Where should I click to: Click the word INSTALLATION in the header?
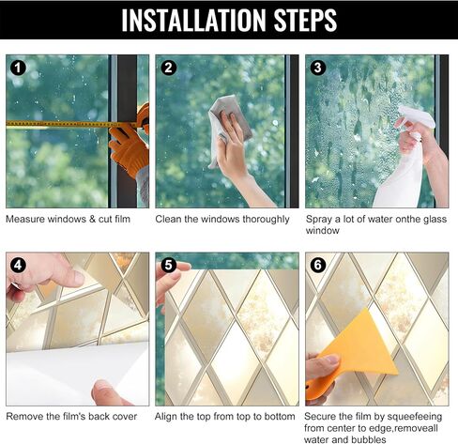[193, 20]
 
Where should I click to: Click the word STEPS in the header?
[305, 20]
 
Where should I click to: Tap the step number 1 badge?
[18, 68]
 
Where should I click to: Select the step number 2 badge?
[168, 68]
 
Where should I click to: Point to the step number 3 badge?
[318, 68]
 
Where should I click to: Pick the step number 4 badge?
[18, 266]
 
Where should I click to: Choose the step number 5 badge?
[168, 266]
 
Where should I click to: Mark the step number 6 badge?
[318, 266]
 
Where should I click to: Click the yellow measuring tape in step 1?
[72, 125]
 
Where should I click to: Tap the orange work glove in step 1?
[130, 148]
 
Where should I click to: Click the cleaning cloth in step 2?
[227, 125]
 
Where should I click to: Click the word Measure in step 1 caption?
[25, 219]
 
